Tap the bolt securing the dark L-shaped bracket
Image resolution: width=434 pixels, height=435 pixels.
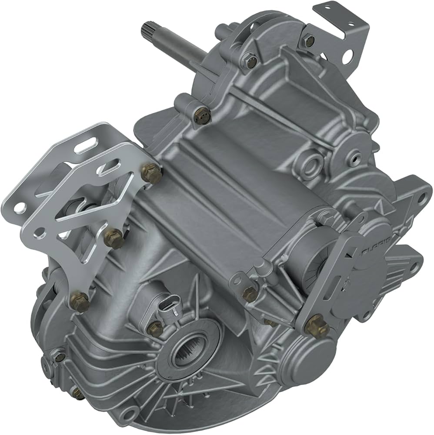[x=309, y=40]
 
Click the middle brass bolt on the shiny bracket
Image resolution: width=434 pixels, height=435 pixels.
[x=114, y=237]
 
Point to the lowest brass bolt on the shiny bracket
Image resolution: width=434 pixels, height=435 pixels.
[x=80, y=301]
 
